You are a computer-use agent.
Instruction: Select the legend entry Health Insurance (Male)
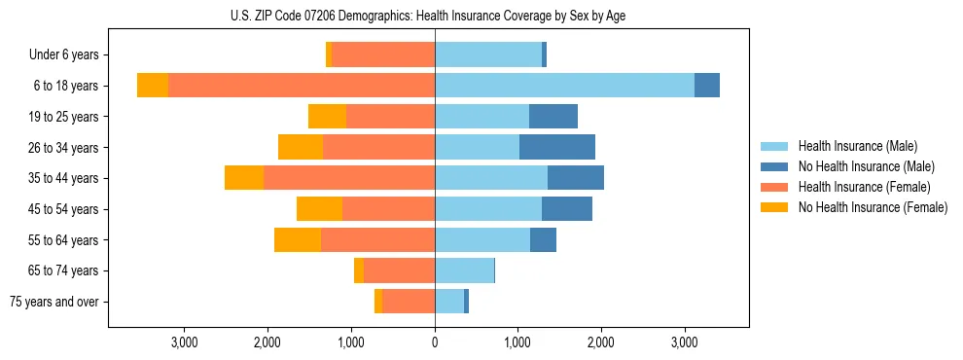click(x=857, y=146)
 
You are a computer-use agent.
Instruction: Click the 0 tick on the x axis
click(x=435, y=342)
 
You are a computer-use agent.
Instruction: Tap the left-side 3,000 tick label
click(x=185, y=342)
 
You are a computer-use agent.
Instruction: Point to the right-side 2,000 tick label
click(x=601, y=342)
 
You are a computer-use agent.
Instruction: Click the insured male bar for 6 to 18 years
click(x=564, y=86)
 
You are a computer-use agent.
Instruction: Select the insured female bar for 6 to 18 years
click(x=302, y=86)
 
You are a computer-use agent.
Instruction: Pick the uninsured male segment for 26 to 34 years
click(x=557, y=147)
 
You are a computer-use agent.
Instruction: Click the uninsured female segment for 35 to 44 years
click(x=244, y=178)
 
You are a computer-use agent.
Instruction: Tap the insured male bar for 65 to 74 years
click(x=464, y=270)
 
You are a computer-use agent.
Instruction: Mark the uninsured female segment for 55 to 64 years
click(x=298, y=239)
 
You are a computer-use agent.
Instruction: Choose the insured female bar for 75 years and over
click(x=409, y=302)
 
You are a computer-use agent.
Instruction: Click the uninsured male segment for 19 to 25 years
click(x=553, y=117)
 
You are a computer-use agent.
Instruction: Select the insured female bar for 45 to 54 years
click(x=388, y=209)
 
